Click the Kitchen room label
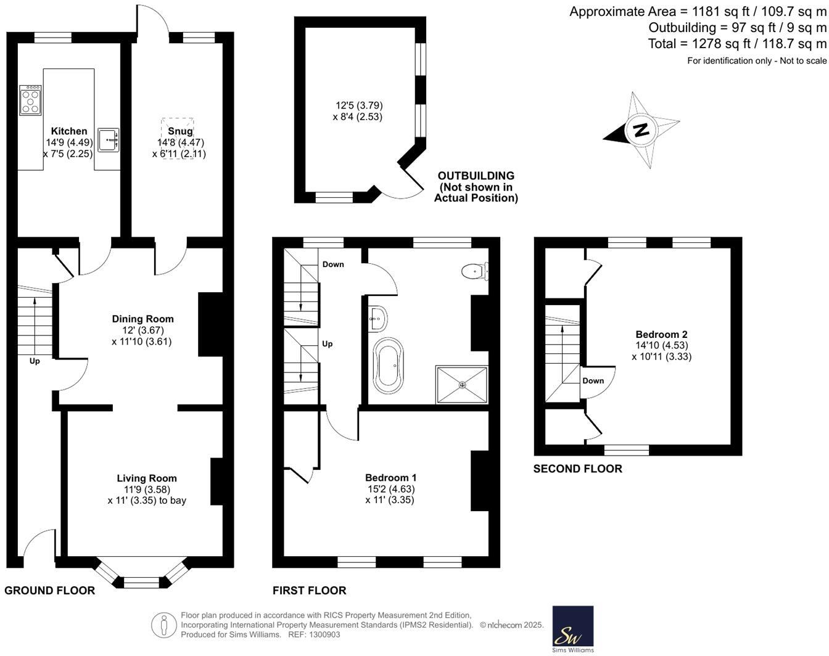click(x=69, y=131)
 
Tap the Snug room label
click(x=180, y=131)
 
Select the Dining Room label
click(x=142, y=319)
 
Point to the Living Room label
click(x=147, y=478)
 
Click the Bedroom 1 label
click(x=390, y=477)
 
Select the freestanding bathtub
click(x=388, y=366)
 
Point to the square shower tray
click(x=462, y=385)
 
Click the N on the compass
click(x=641, y=130)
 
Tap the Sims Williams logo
click(x=572, y=628)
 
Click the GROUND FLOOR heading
click(x=49, y=591)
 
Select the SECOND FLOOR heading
click(x=577, y=469)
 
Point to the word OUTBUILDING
click(x=476, y=176)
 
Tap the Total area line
click(x=737, y=44)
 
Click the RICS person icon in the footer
click(x=163, y=625)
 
